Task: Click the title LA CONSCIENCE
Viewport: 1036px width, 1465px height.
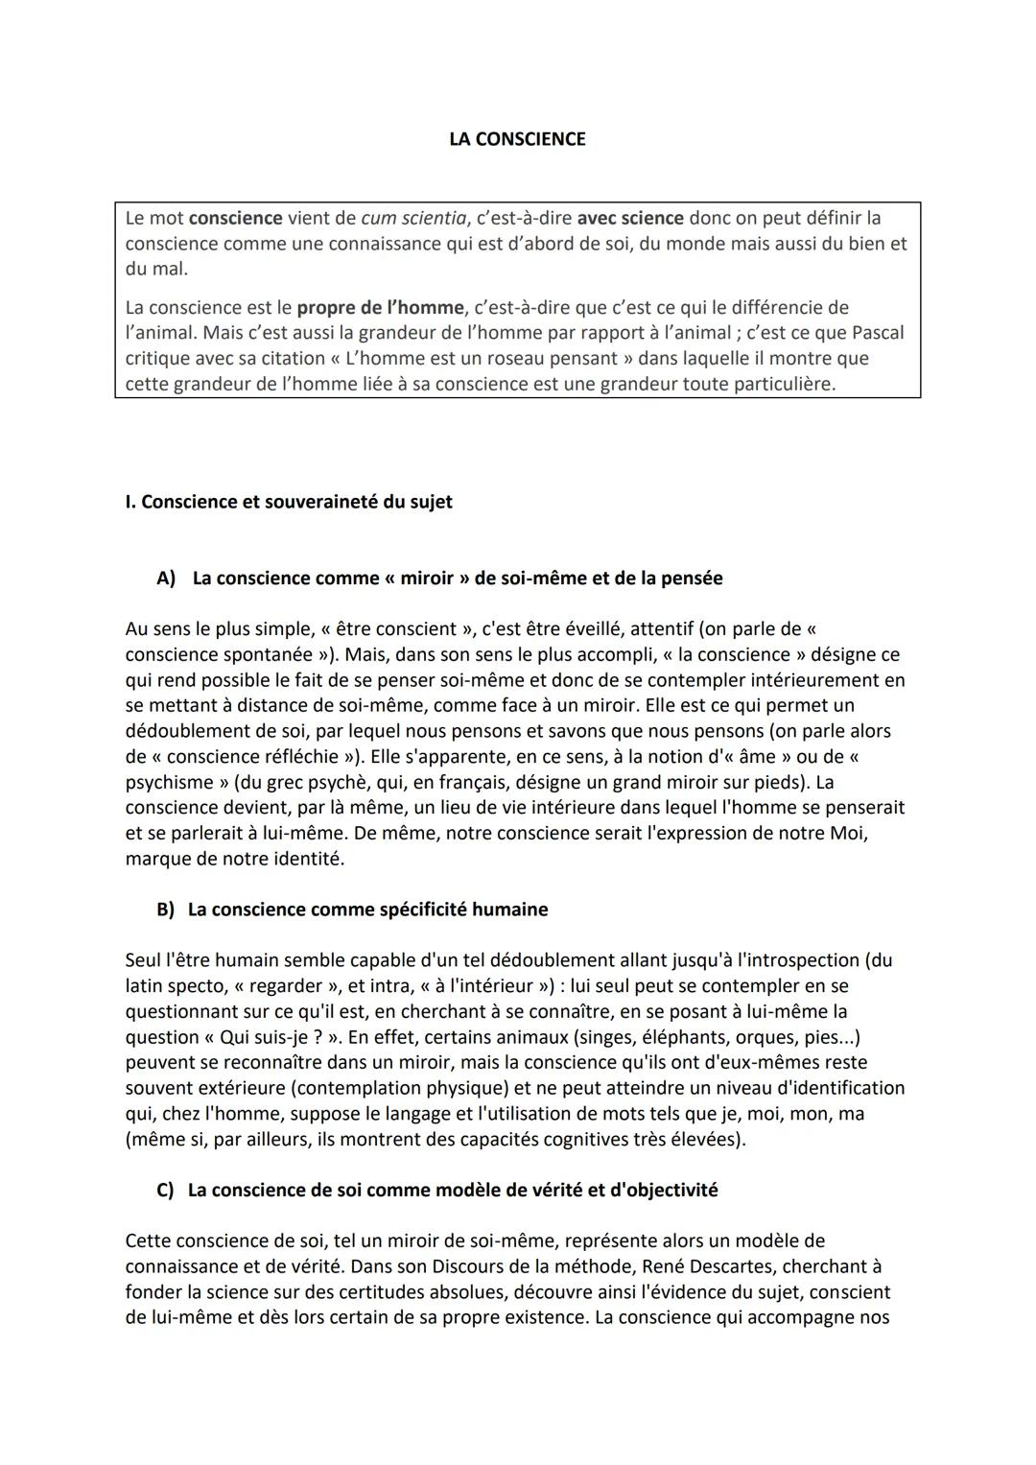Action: coord(517,139)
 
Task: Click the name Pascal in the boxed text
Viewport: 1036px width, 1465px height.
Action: coord(875,333)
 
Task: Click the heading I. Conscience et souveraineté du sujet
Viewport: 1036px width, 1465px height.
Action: coord(289,502)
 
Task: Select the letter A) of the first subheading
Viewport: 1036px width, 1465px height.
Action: coord(166,579)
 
